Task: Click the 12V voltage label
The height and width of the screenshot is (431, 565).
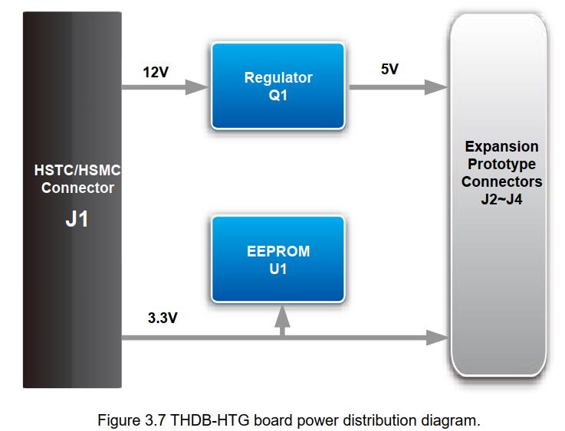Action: click(156, 72)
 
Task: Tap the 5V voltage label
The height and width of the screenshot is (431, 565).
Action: click(389, 69)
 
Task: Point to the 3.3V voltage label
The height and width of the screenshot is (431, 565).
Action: click(163, 318)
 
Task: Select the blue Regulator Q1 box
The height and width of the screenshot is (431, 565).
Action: click(278, 86)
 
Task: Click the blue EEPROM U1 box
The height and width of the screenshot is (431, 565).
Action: click(278, 259)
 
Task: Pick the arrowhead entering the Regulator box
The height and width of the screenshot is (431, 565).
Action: click(197, 87)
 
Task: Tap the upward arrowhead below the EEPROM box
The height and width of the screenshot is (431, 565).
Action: click(282, 317)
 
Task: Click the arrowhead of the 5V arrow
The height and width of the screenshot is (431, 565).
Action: click(436, 87)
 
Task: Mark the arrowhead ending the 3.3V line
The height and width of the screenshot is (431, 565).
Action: click(437, 338)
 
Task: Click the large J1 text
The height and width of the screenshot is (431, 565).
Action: click(77, 219)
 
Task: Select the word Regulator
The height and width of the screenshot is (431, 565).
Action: click(278, 77)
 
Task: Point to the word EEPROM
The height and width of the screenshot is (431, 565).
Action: click(278, 251)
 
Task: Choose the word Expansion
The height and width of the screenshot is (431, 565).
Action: click(501, 146)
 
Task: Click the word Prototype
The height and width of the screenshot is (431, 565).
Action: click(501, 164)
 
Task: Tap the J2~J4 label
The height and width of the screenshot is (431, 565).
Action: click(501, 199)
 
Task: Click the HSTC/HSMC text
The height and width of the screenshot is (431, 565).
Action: click(77, 170)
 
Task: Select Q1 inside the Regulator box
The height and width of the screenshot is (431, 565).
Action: click(278, 96)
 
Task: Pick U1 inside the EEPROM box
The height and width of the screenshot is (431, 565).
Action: click(278, 269)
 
